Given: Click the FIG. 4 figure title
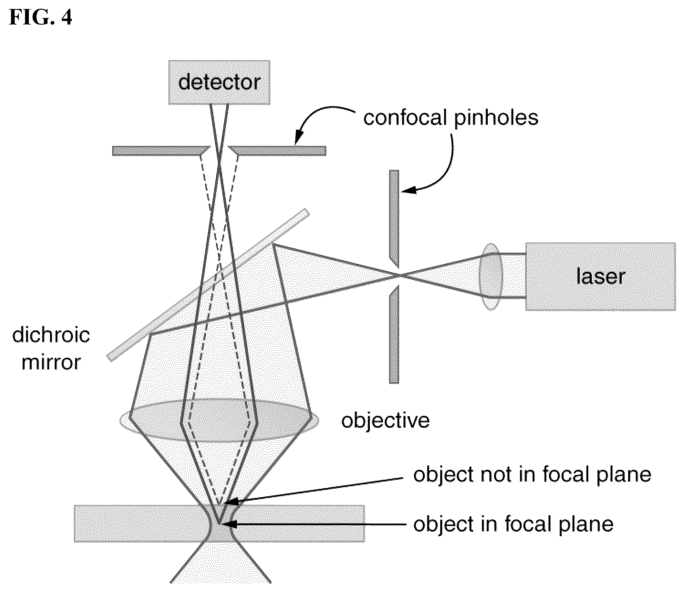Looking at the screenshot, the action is (x=41, y=17).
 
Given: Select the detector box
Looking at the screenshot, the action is (x=219, y=82).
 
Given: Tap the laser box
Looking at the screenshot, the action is (x=600, y=276).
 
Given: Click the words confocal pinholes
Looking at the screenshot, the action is (x=450, y=117).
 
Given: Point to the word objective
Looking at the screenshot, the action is (x=386, y=420).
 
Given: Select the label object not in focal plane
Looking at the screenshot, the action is (x=532, y=474).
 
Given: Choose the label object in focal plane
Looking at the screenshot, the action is (x=513, y=524).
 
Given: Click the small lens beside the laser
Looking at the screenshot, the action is (x=491, y=277).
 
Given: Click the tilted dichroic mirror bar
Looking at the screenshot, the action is (x=208, y=285).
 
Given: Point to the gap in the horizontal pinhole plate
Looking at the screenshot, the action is (x=219, y=151).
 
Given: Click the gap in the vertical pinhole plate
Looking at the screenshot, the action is (x=394, y=276).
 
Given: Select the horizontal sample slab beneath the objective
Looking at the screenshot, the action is (x=219, y=523).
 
